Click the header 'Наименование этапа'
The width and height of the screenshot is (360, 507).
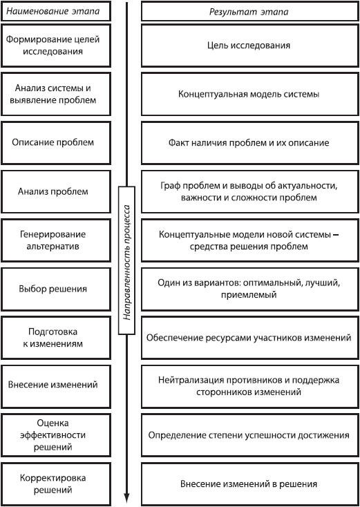point(53,12)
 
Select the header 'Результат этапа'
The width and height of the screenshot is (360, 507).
point(249,12)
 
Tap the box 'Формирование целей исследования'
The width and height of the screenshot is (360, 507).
point(53,45)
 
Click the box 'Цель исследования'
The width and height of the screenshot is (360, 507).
point(249,45)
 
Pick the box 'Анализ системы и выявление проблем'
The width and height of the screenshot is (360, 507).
point(53,94)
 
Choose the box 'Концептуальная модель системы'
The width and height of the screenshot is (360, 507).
point(249,94)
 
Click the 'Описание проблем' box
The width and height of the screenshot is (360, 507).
point(53,142)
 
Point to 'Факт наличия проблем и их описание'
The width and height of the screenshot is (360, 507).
point(249,142)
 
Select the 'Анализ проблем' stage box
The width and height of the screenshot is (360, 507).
point(53,191)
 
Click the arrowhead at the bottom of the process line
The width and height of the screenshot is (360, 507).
point(127,496)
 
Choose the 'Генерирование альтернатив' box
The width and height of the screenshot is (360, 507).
point(53,240)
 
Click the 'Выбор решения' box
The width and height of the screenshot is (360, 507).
point(53,289)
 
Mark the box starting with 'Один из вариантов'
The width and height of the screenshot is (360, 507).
point(249,289)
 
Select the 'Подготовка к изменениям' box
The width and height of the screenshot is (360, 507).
point(53,337)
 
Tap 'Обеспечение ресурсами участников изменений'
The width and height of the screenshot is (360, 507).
point(249,337)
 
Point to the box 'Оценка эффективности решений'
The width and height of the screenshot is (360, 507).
point(53,434)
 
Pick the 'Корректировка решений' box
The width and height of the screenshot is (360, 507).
point(53,484)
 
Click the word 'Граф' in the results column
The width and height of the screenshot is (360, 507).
point(169,186)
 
